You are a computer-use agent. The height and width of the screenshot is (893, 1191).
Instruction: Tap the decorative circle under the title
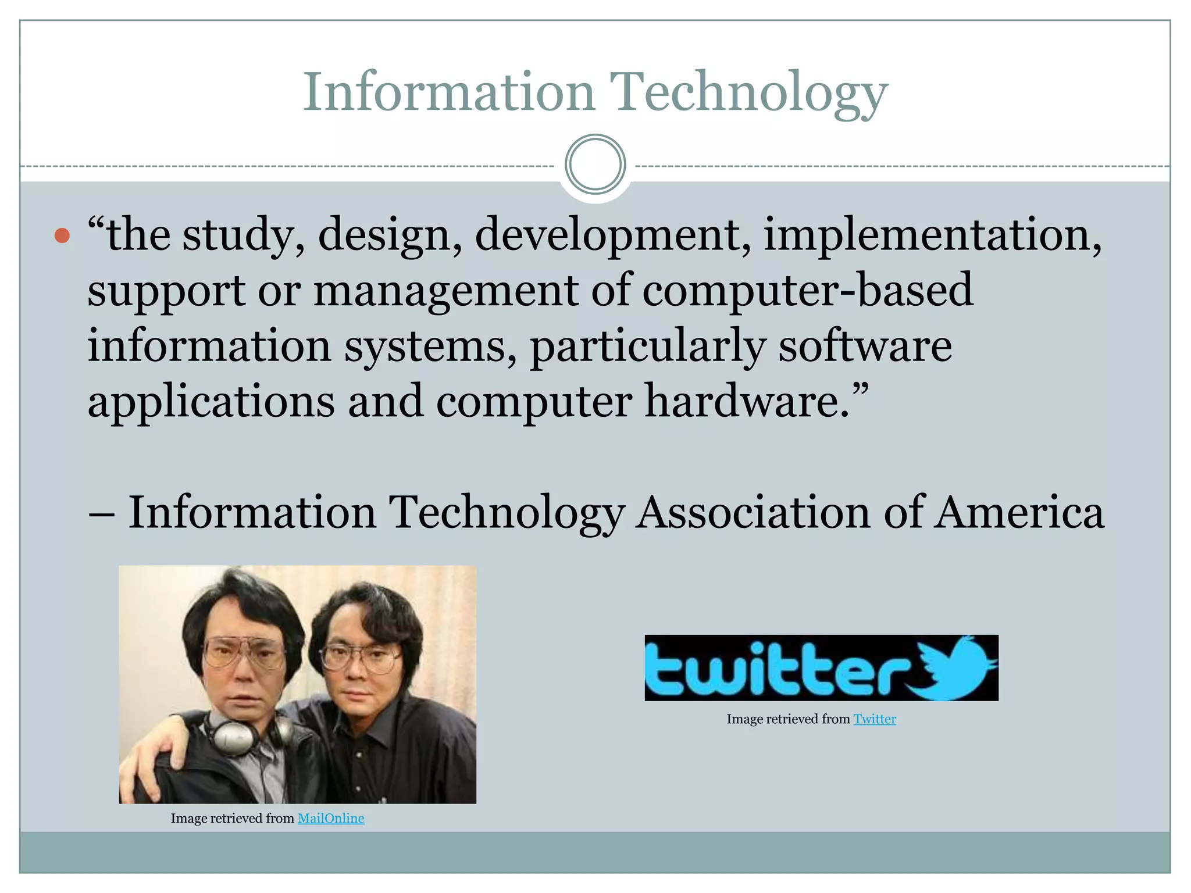tap(595, 165)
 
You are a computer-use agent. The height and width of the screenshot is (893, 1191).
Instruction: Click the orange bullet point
tap(62, 236)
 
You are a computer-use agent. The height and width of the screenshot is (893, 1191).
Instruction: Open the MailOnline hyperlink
tap(331, 819)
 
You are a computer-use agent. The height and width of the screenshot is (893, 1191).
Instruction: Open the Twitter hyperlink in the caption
tap(875, 719)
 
